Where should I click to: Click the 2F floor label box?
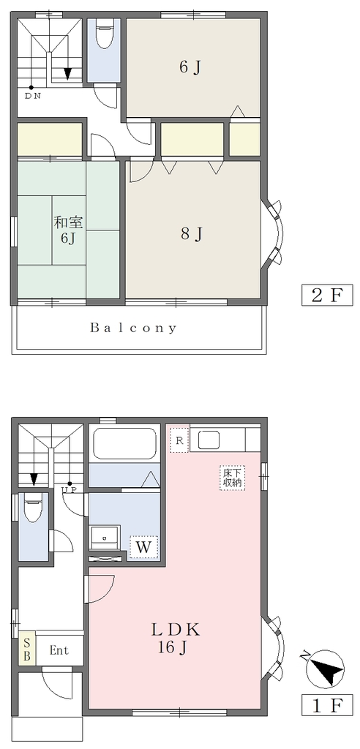[x=327, y=295]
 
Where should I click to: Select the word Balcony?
[x=133, y=328]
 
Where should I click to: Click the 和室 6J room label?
[x=68, y=230]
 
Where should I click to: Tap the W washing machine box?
[x=143, y=546]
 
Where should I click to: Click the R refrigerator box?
[x=179, y=440]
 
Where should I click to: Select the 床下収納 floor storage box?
[x=233, y=477]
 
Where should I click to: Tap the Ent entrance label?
[x=59, y=650]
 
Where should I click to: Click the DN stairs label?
[x=33, y=95]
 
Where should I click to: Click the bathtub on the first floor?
[x=124, y=444]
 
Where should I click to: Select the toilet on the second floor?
[x=104, y=34]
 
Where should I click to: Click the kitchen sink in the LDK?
[x=209, y=440]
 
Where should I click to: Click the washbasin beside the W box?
[x=105, y=538]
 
